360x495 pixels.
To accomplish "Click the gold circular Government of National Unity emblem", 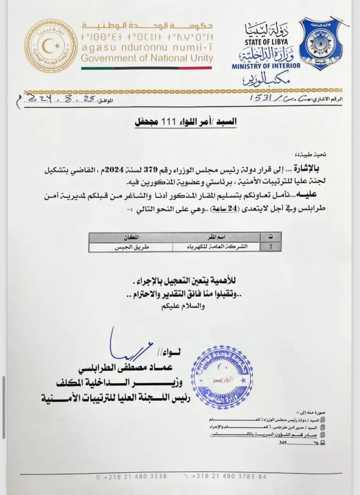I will [x=50, y=46].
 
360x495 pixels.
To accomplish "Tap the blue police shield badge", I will [x=323, y=43].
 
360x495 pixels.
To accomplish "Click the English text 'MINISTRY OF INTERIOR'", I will [x=266, y=66].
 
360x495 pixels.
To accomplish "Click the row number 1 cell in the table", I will [x=271, y=245].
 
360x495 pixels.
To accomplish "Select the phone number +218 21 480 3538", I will [x=135, y=476].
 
